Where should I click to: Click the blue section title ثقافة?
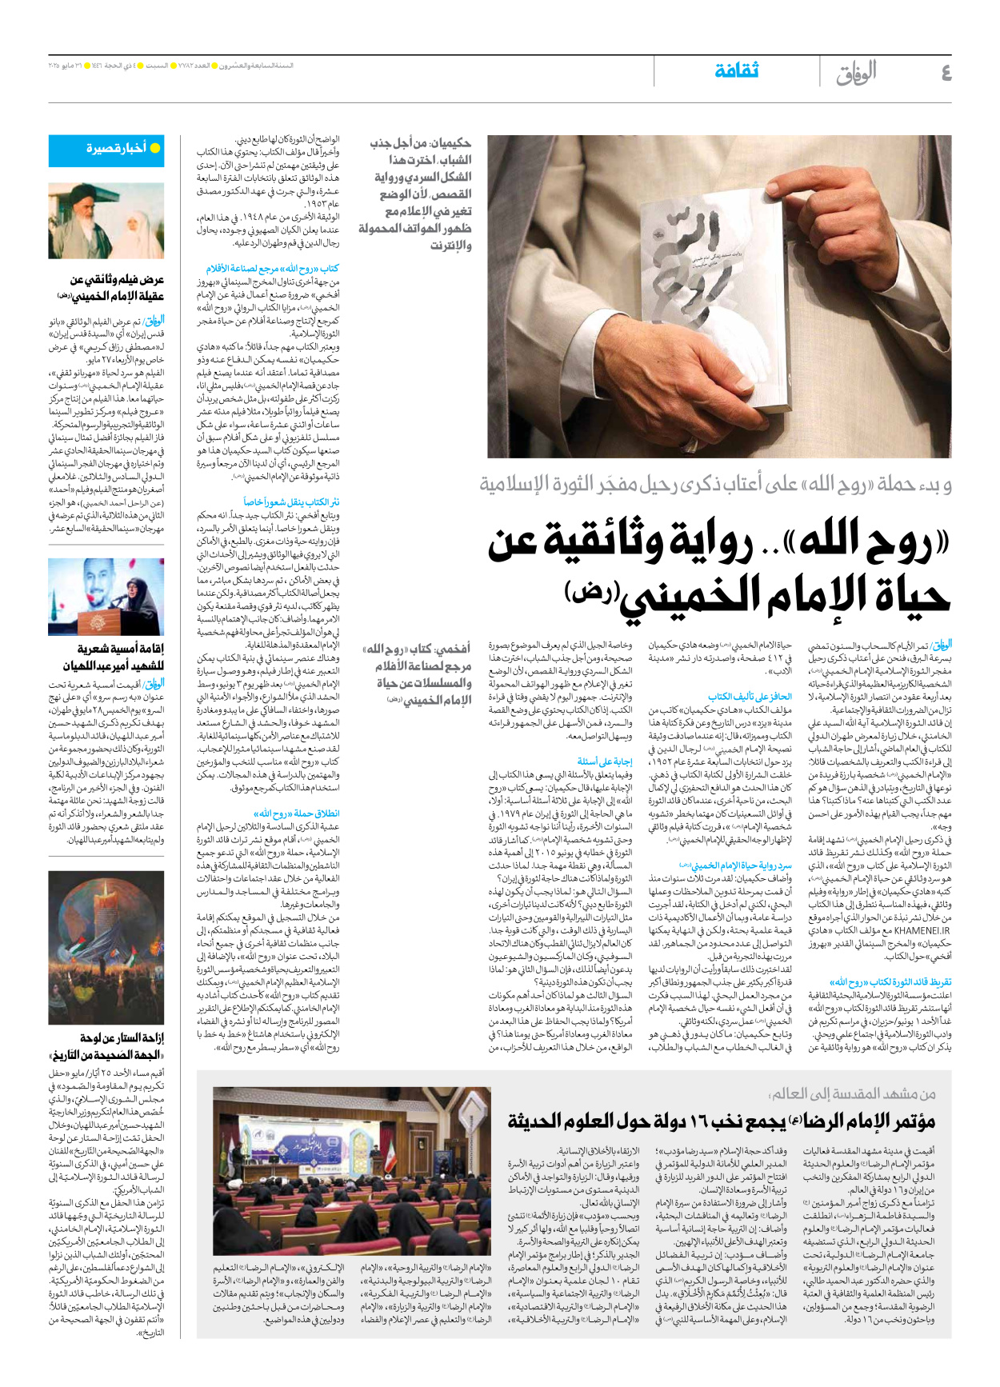point(736,71)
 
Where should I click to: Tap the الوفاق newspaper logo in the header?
point(856,74)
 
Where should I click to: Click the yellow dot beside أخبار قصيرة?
point(155,149)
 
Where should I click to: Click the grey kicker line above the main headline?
point(715,484)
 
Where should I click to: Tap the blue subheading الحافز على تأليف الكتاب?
point(750,697)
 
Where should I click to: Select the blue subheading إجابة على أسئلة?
point(605,761)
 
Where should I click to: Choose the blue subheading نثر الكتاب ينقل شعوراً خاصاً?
point(291,502)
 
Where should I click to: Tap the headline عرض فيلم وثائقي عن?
point(117,280)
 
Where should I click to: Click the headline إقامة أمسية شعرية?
point(120,649)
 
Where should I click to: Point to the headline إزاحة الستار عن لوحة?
point(122,1037)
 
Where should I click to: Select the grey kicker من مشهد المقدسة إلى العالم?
point(853,1093)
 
